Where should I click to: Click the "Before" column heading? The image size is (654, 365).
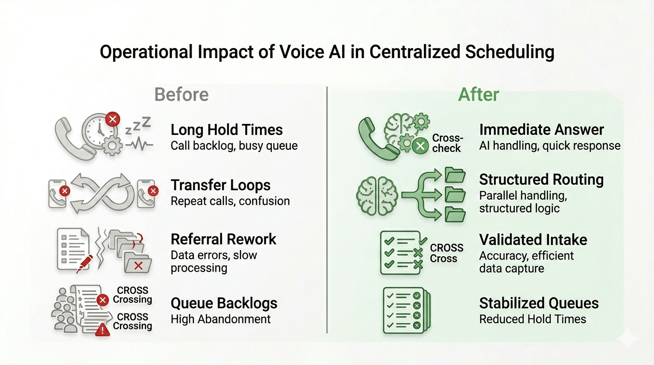point(182,95)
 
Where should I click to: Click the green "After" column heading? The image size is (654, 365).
point(478,95)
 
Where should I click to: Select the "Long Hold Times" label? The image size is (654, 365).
point(227,130)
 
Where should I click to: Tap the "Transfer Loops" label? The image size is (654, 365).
point(221,185)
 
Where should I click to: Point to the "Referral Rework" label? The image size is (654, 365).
point(223,239)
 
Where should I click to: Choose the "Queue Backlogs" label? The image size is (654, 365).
point(224,303)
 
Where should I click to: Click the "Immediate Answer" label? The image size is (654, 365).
point(541,130)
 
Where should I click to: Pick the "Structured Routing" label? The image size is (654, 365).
point(541,180)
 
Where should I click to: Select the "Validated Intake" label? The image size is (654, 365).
point(533,240)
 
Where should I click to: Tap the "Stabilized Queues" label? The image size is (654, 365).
point(539,303)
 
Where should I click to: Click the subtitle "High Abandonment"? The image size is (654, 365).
point(221,319)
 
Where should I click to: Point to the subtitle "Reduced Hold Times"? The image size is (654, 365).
point(532,319)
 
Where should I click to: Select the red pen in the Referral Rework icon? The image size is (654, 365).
point(84,263)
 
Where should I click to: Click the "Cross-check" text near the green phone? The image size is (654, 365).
point(447,143)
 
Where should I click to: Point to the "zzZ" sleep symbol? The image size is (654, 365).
point(137,126)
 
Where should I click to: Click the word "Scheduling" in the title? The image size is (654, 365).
point(509,52)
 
